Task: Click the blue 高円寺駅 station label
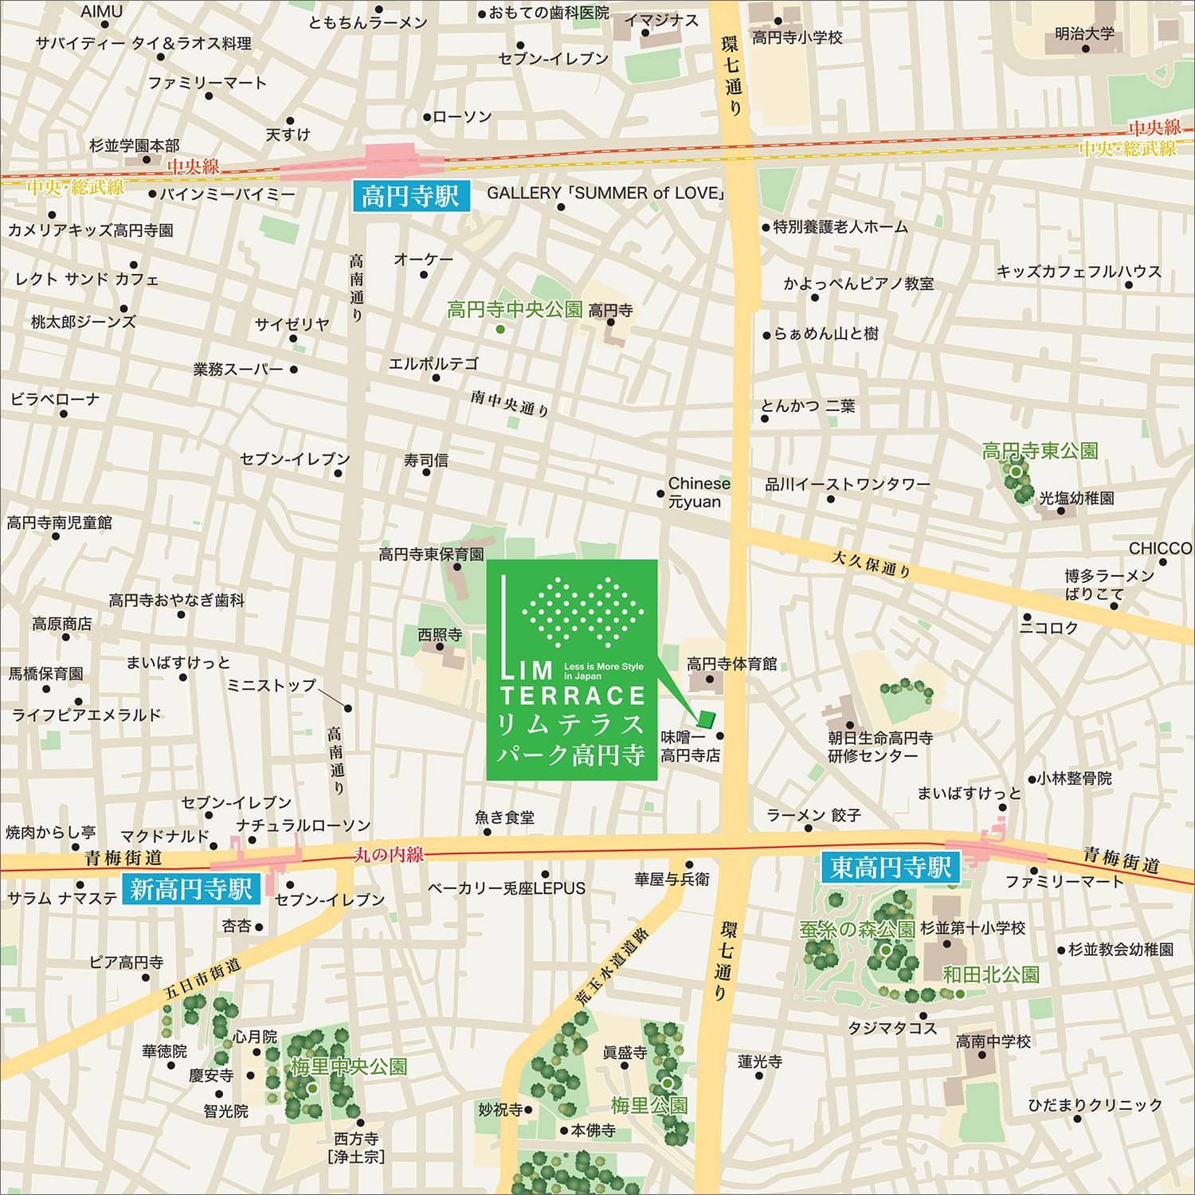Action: (410, 195)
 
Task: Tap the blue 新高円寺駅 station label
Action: (191, 888)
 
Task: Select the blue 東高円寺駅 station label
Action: (891, 867)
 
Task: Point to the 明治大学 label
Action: (1084, 34)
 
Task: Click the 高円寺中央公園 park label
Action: (515, 310)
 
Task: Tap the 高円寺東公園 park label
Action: (1040, 451)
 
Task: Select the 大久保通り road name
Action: (871, 563)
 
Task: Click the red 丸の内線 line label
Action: (389, 855)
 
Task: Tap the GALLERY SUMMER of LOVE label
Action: (606, 193)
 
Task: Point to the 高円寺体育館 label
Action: (731, 664)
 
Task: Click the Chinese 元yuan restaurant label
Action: (699, 492)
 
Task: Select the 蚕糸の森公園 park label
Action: (856, 929)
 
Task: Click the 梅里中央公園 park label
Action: (348, 1067)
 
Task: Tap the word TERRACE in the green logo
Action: (572, 695)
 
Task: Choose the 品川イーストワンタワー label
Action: (848, 484)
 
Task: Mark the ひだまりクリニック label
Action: (1095, 1105)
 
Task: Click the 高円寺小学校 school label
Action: (797, 37)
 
